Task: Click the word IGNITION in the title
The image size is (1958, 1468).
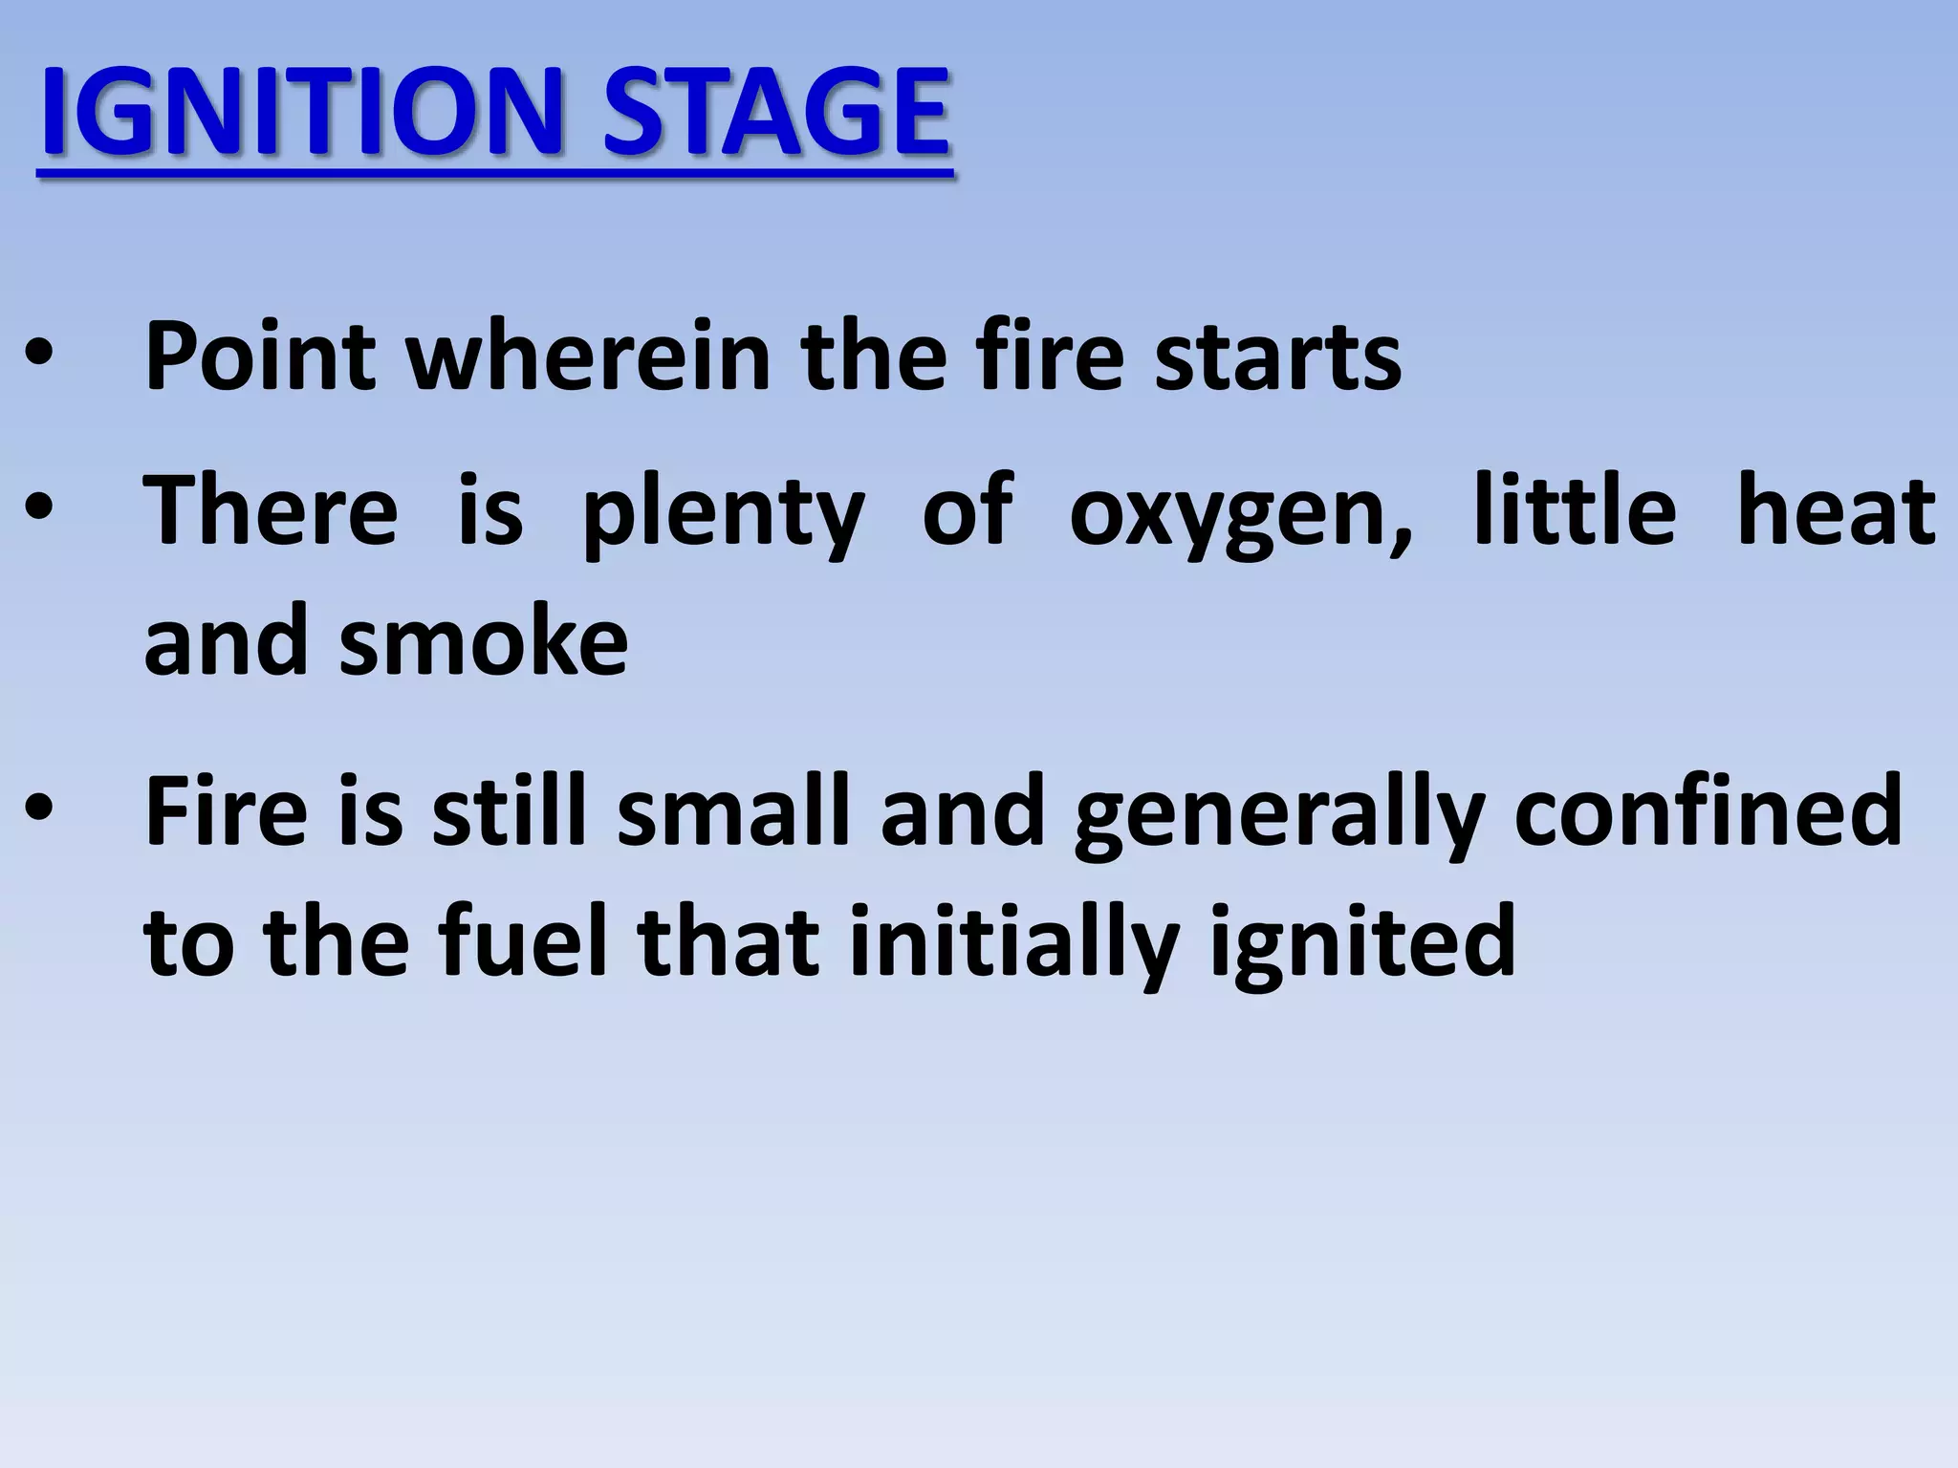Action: [297, 114]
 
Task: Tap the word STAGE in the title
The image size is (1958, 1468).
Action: [775, 114]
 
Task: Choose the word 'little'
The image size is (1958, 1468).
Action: [1574, 510]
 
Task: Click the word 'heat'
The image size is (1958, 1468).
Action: [1836, 510]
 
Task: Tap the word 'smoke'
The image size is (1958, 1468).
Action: [483, 642]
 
